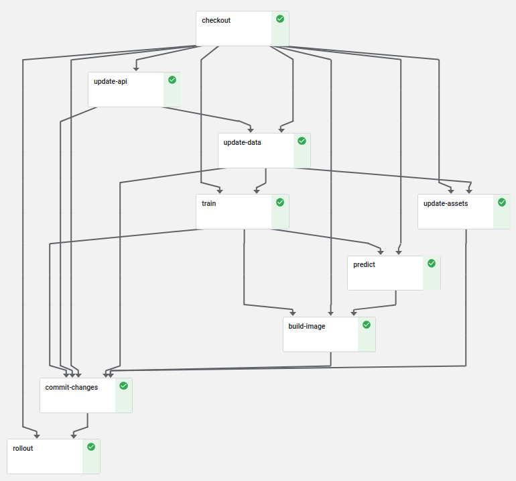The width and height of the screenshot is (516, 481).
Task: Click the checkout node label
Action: (x=216, y=20)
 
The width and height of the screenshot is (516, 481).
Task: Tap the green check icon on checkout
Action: (x=280, y=19)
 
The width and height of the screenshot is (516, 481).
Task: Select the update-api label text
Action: (x=111, y=81)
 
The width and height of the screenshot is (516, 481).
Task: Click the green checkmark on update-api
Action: (x=172, y=80)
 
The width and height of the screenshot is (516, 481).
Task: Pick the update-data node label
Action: (x=242, y=142)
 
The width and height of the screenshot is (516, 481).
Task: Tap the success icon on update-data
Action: (x=302, y=141)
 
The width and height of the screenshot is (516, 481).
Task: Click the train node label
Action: (x=208, y=203)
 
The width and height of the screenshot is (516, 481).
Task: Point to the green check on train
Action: (x=280, y=202)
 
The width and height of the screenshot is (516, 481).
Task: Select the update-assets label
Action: (x=446, y=203)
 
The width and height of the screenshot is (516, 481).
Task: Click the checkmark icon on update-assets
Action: (x=502, y=202)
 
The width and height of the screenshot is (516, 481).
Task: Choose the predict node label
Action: (x=364, y=264)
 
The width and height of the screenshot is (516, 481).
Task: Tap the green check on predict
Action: (x=432, y=263)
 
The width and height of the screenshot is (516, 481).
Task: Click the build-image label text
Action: (x=307, y=326)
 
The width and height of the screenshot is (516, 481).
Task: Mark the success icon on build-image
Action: (x=367, y=325)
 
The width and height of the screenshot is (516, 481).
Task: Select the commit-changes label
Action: (x=71, y=387)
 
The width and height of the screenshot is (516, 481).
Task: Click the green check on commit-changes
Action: (x=123, y=386)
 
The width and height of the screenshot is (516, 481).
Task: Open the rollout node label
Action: (x=23, y=448)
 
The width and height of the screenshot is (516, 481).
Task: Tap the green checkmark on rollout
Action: (x=91, y=447)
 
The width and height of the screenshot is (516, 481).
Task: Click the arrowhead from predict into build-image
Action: (x=353, y=313)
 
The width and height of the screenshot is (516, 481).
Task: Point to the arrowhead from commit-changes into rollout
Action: (x=72, y=435)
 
